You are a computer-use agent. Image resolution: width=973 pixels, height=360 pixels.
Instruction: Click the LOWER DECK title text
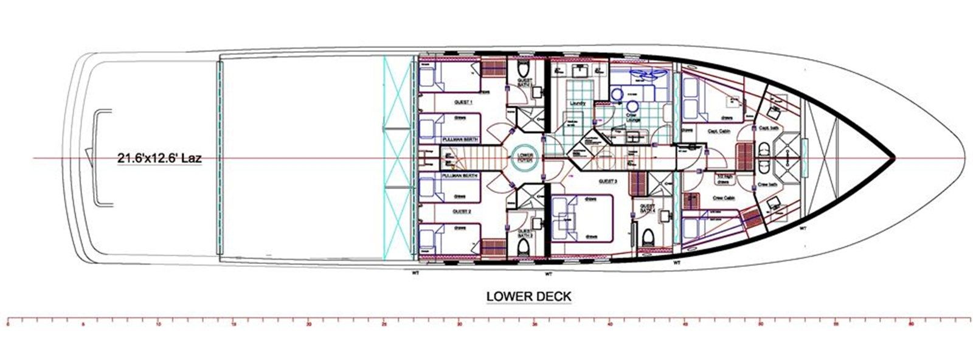click(x=528, y=297)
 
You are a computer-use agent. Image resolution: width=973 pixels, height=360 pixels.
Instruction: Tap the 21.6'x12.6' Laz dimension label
click(x=159, y=159)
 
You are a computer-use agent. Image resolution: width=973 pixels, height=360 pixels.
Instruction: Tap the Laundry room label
click(x=578, y=103)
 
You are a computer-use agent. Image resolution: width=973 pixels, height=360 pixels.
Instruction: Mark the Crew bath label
click(x=768, y=184)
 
